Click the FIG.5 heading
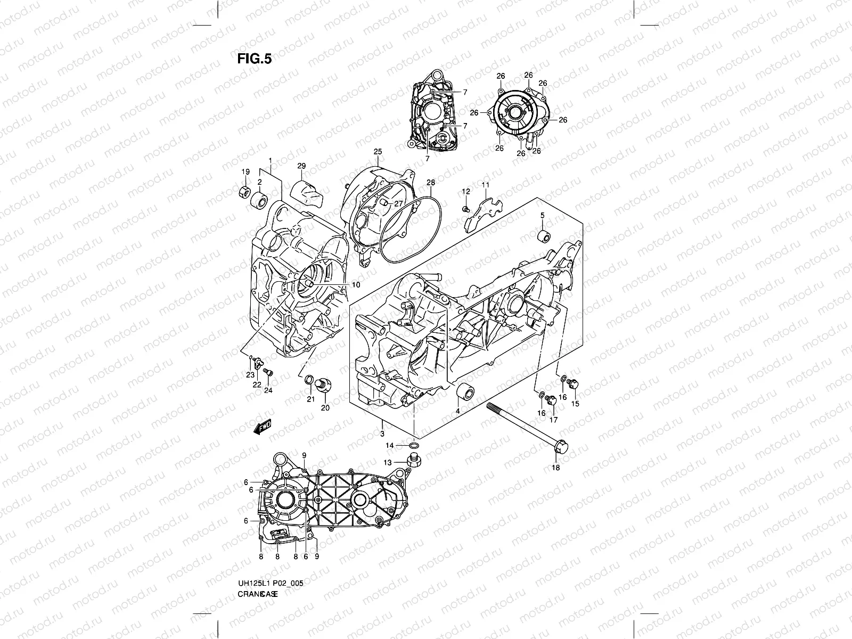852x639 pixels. tap(254, 59)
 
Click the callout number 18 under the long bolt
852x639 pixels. tap(556, 468)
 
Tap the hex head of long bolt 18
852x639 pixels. tap(561, 448)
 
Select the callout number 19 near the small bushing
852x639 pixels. tap(245, 171)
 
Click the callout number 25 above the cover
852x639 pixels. tap(378, 152)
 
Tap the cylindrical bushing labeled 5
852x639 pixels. tap(544, 236)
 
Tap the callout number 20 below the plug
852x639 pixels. tap(325, 408)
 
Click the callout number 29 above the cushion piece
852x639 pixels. tap(301, 166)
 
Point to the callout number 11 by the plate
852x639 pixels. tap(485, 184)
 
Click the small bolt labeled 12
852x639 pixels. tap(465, 208)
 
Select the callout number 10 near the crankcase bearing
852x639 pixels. tap(356, 285)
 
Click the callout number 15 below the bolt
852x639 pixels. tap(575, 403)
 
